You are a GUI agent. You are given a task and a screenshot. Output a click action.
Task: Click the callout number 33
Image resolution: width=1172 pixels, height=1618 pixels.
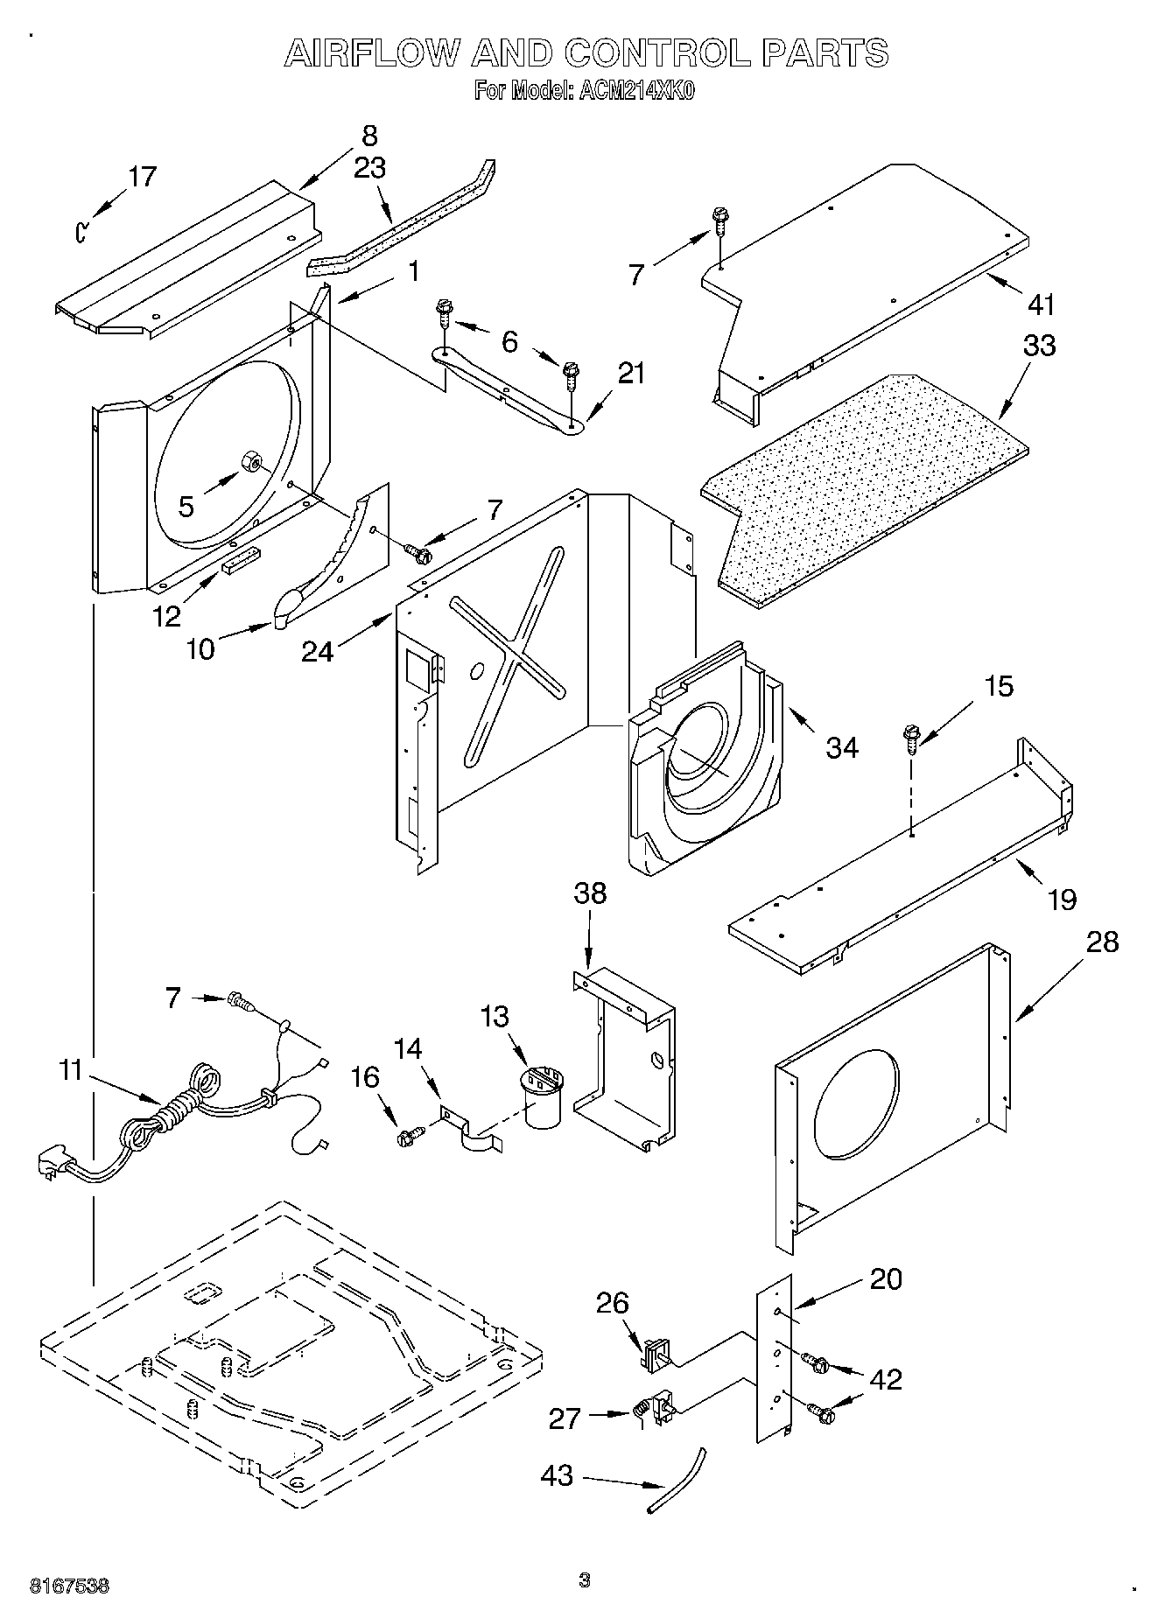[1039, 345]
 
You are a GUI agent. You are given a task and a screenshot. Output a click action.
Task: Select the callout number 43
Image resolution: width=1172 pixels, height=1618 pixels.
[556, 1475]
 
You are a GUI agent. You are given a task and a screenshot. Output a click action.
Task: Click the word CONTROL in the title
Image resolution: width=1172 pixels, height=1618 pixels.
[656, 53]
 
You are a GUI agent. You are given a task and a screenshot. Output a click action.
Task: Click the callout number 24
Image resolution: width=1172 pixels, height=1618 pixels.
[317, 651]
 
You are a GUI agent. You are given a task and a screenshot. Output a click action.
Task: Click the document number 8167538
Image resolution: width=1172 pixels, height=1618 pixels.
[69, 1585]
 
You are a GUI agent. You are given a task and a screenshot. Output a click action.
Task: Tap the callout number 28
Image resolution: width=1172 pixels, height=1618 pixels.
[1102, 942]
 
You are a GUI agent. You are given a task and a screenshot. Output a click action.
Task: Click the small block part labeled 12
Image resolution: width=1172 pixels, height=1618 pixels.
[241, 561]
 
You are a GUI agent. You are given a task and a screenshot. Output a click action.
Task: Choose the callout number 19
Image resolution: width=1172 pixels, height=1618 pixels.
[1062, 899]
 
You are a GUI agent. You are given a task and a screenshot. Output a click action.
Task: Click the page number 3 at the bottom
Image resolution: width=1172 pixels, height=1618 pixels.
[585, 1579]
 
